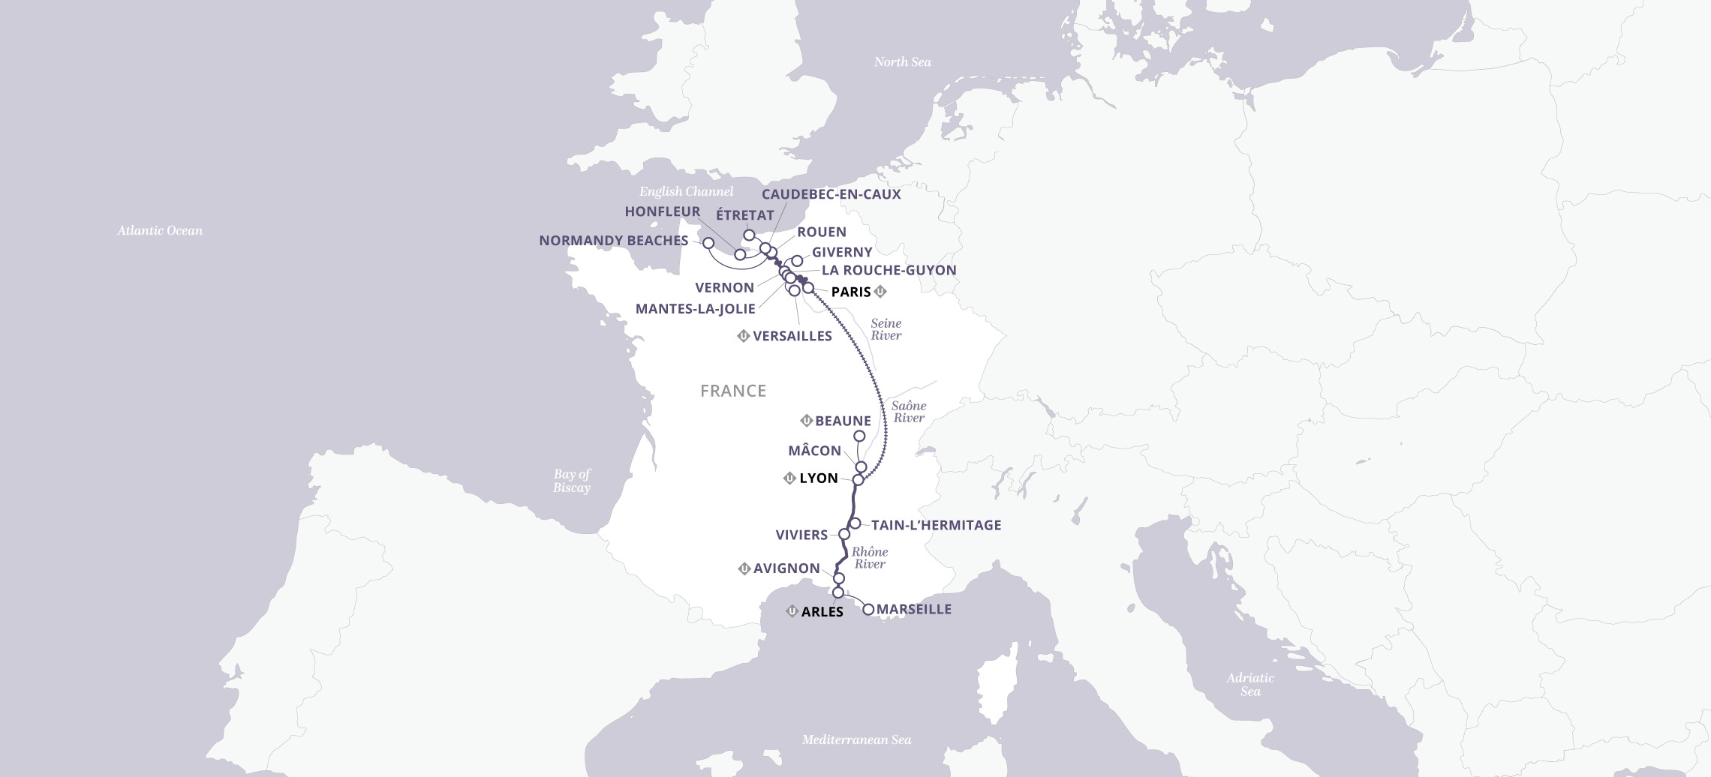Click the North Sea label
click(x=902, y=62)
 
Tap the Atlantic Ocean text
click(x=160, y=231)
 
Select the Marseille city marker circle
click(x=868, y=610)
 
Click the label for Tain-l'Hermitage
click(x=936, y=525)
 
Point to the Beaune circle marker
click(x=859, y=436)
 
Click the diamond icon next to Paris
click(x=880, y=292)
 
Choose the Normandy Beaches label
click(x=613, y=241)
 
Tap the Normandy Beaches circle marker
click(x=708, y=243)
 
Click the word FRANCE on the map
click(x=732, y=391)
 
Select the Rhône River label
click(x=870, y=558)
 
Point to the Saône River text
click(x=909, y=412)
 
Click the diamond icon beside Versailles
click(x=744, y=336)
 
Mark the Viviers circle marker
click(x=843, y=534)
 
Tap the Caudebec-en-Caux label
click(x=831, y=194)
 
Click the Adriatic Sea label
click(x=1249, y=684)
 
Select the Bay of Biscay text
click(x=571, y=481)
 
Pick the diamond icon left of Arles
click(x=791, y=611)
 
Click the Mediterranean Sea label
click(x=856, y=740)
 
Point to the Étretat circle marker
click(x=749, y=235)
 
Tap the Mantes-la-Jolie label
click(x=695, y=309)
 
